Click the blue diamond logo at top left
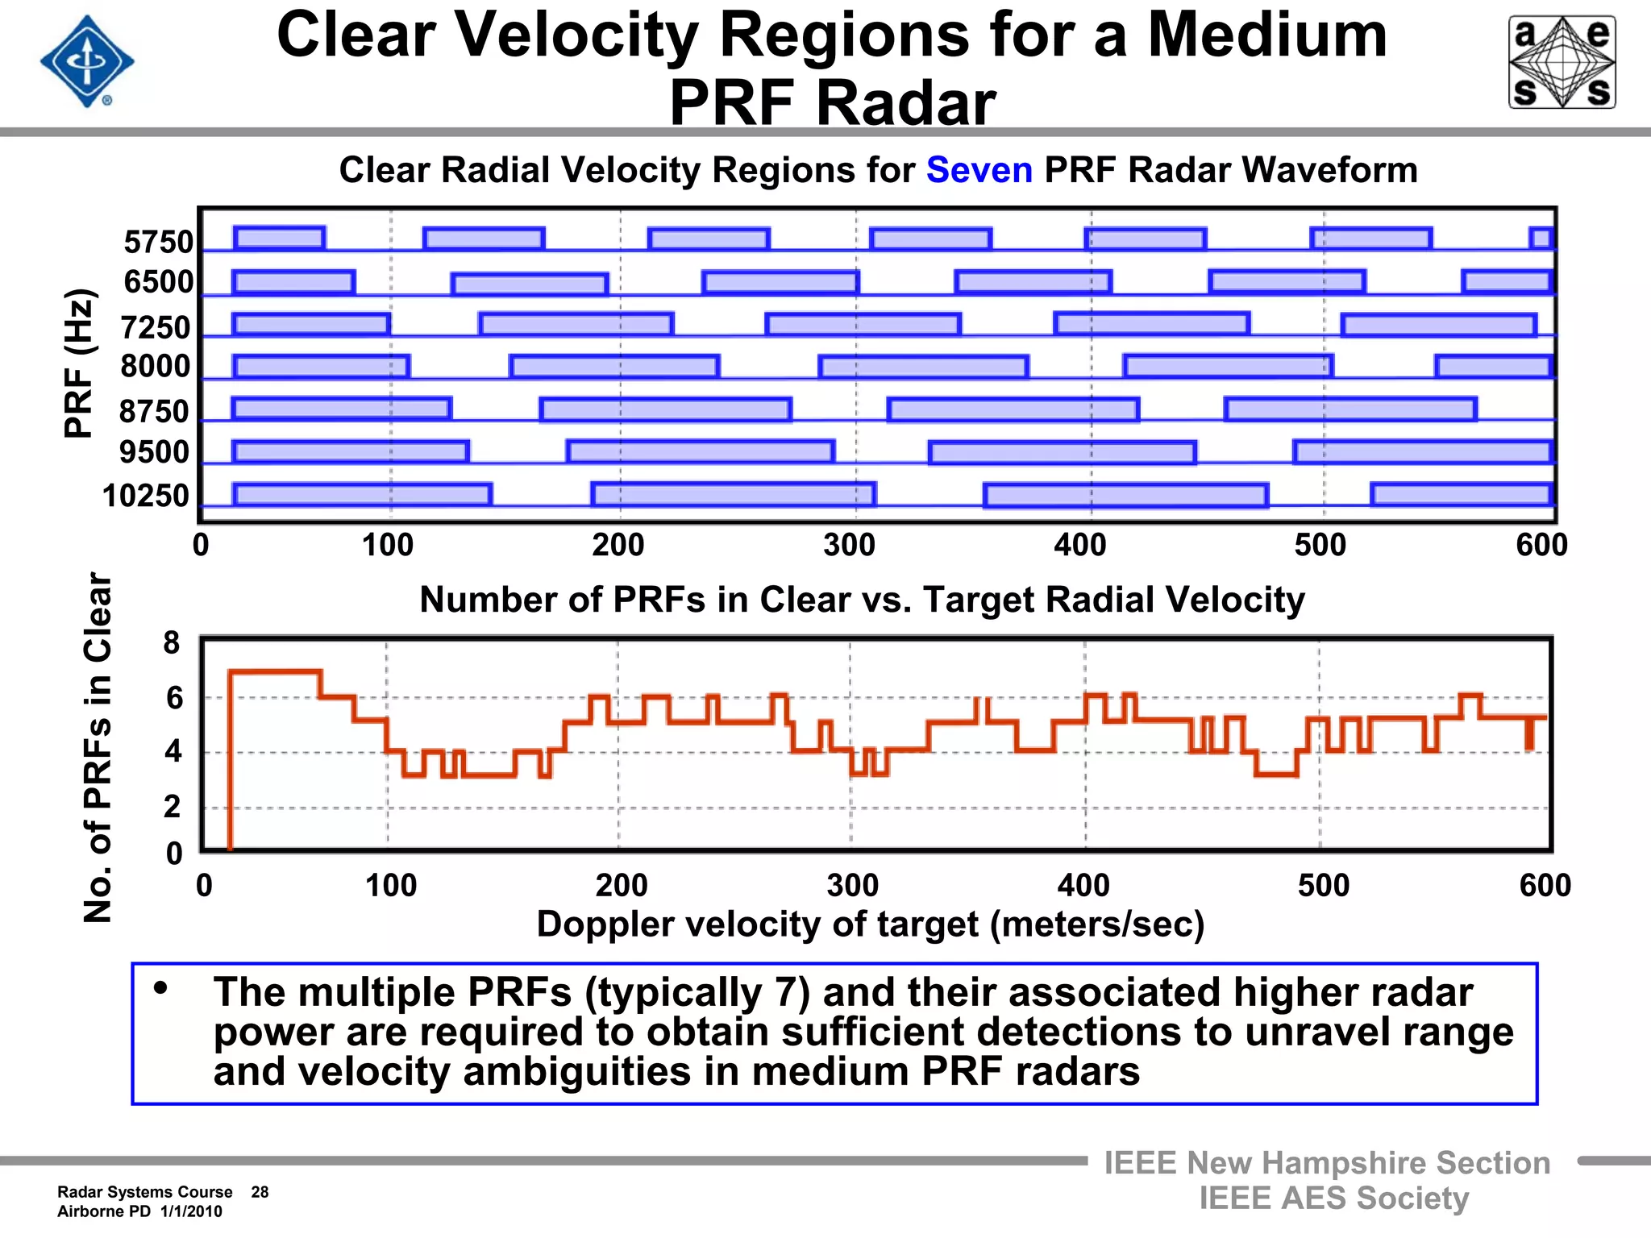coord(87,61)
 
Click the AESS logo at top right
coord(1562,62)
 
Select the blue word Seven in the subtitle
coord(979,170)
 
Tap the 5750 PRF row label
coord(159,242)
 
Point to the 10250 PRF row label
coord(146,495)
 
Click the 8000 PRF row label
coord(156,366)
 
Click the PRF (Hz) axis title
coord(80,363)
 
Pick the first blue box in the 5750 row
coord(279,238)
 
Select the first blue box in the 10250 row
coord(362,494)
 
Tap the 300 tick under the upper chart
coord(849,546)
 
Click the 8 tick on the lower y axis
coord(172,643)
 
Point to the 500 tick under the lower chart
coord(1323,886)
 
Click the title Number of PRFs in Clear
coord(862,600)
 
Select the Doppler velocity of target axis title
coord(870,924)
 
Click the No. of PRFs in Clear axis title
coord(98,747)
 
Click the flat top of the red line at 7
coord(275,671)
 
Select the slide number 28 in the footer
coord(260,1192)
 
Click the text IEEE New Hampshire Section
coord(1327,1163)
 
